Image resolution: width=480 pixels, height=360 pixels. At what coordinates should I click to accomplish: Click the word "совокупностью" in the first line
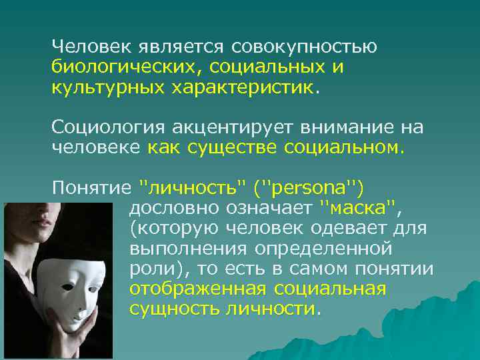pos(305,48)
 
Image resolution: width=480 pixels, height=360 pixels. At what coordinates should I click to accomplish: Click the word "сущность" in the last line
pos(173,309)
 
